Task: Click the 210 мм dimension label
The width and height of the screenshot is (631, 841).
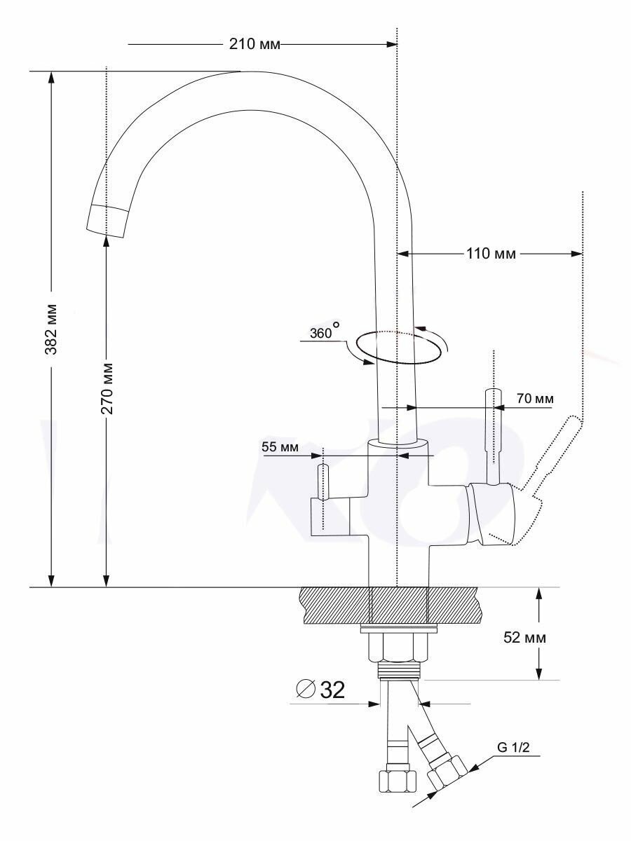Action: click(255, 44)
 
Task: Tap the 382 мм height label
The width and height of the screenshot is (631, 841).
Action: click(51, 329)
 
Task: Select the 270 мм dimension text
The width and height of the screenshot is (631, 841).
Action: click(107, 388)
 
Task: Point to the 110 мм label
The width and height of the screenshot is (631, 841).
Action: click(491, 254)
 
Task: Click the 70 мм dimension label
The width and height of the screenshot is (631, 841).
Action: click(535, 399)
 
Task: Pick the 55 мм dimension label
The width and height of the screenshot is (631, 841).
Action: click(280, 447)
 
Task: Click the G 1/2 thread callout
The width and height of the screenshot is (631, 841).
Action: click(513, 747)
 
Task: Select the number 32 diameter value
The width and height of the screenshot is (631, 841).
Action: click(332, 690)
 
